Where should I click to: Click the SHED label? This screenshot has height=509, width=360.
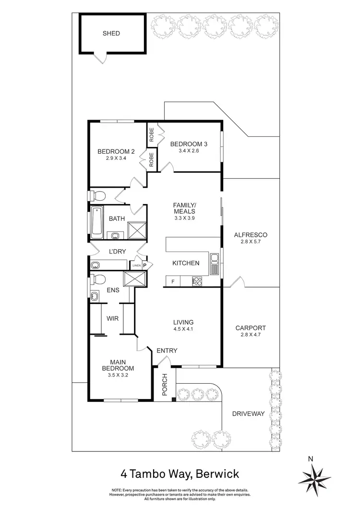click(x=111, y=34)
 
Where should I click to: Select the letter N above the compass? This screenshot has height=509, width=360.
click(x=311, y=459)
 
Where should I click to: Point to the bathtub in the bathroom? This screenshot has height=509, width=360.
click(x=96, y=222)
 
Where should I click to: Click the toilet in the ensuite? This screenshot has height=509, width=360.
click(x=99, y=279)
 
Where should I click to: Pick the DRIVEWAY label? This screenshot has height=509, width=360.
click(x=248, y=413)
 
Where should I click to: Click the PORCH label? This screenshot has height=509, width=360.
click(x=164, y=384)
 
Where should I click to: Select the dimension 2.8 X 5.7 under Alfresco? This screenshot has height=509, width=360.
click(x=250, y=242)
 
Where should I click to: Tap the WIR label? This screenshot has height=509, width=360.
click(x=113, y=318)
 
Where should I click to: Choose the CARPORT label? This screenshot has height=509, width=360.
click(x=250, y=328)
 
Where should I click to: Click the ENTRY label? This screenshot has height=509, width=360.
click(x=167, y=351)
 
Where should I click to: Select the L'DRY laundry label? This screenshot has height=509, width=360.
click(x=117, y=251)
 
